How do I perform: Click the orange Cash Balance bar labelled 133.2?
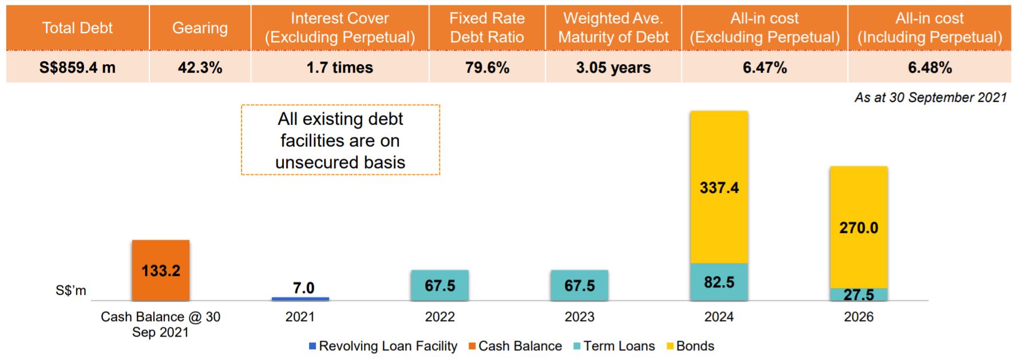(160, 270)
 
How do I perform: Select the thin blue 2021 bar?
(300, 299)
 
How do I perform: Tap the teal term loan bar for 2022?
(439, 285)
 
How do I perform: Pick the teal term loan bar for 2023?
(579, 285)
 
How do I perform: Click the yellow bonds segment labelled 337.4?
(719, 187)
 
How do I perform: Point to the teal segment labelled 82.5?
(719, 282)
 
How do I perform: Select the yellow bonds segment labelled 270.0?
(858, 227)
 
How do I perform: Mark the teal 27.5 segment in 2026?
(858, 294)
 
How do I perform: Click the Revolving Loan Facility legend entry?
(383, 346)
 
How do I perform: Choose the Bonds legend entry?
(690, 346)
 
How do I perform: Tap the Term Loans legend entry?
(614, 346)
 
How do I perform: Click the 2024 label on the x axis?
(719, 317)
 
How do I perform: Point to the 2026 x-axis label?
(858, 317)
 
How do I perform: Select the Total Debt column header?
(77, 28)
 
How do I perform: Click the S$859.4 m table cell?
(77, 68)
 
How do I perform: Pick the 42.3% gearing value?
(200, 68)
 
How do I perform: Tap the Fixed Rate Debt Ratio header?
(487, 28)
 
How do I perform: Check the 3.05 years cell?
(613, 68)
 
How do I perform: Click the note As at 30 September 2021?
(930, 97)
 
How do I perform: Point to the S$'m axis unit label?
(71, 291)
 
